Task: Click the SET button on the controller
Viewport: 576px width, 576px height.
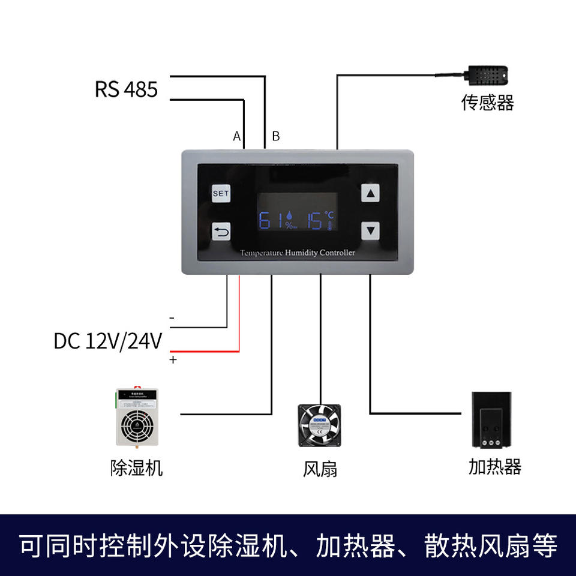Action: pos(221,194)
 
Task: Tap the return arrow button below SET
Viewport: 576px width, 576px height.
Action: pos(221,232)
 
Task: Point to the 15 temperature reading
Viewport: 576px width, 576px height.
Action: pos(314,220)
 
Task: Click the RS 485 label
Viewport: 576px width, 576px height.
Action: pos(126,89)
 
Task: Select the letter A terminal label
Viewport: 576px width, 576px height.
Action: pos(237,137)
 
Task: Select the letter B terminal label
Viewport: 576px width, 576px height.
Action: pos(276,137)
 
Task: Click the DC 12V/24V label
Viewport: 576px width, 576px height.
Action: pos(108,341)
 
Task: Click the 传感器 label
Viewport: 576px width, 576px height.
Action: pos(487,103)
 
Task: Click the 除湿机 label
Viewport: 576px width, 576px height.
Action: pos(137,467)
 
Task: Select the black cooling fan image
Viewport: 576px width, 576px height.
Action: pos(319,425)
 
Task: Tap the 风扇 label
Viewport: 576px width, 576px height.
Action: pos(320,469)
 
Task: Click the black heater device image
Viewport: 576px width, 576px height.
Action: pos(491,419)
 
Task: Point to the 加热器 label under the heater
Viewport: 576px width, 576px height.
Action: pos(495,467)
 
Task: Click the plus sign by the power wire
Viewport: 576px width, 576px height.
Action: pos(173,360)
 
